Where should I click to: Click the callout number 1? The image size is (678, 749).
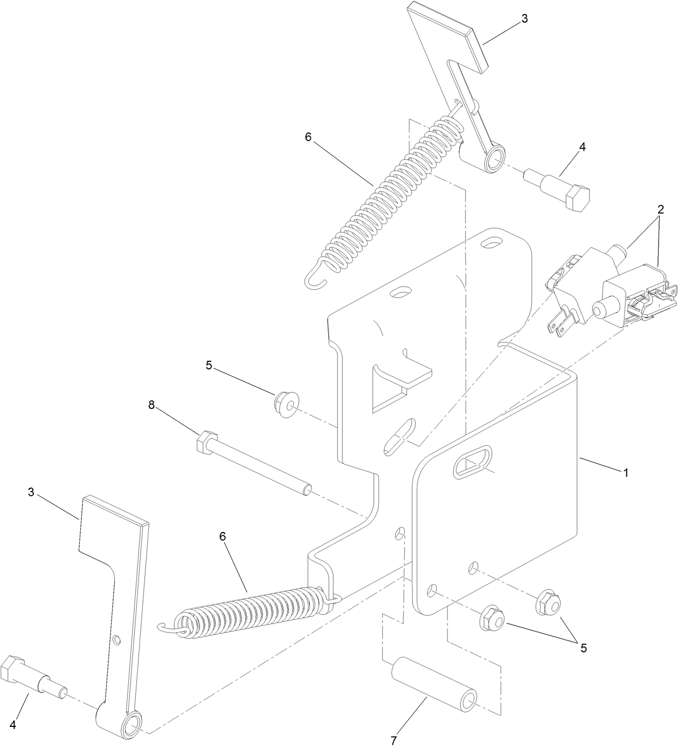coord(625,473)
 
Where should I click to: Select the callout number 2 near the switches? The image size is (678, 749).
coord(660,210)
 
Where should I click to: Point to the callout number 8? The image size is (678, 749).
coord(151,405)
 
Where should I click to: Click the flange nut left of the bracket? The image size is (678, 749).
coord(286,404)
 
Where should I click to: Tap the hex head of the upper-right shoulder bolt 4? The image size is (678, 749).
coord(578,199)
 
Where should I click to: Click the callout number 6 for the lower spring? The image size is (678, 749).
coord(223,536)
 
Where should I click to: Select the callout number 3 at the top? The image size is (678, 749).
coord(525,19)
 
